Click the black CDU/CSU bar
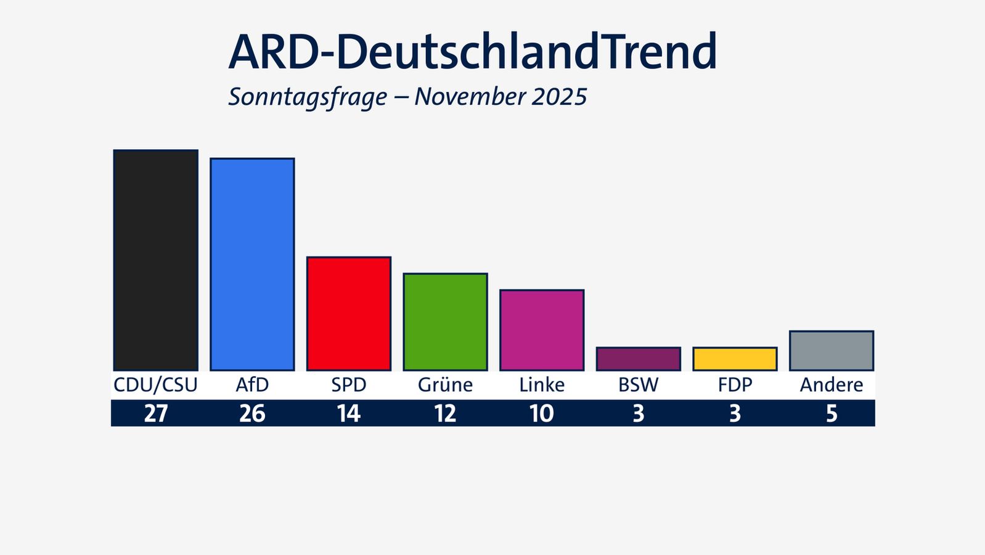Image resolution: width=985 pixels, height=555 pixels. click(155, 260)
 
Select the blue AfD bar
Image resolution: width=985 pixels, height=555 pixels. click(252, 264)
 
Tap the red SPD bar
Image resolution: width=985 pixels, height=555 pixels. click(349, 313)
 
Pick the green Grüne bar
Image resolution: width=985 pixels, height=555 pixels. click(445, 321)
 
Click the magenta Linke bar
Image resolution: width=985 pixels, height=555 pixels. click(542, 330)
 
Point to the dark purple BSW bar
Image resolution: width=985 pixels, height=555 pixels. click(638, 359)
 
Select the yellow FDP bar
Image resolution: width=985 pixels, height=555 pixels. click(735, 359)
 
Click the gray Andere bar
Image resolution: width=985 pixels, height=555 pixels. click(832, 350)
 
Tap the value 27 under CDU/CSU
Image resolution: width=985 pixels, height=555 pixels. click(155, 414)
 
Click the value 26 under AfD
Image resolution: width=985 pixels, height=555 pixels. click(252, 414)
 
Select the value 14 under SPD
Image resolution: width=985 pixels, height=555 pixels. click(349, 414)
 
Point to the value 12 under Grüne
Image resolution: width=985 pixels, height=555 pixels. click(445, 414)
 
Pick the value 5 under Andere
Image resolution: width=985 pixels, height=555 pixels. click(832, 414)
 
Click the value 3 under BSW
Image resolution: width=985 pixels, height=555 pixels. click(638, 414)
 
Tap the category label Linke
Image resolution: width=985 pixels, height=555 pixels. click(542, 385)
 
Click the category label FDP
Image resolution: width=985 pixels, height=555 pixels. click(735, 385)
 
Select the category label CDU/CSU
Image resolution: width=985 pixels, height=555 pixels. click(155, 385)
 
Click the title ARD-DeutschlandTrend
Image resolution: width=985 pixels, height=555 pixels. click(473, 52)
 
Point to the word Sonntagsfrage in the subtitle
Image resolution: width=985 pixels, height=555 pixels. click(308, 97)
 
